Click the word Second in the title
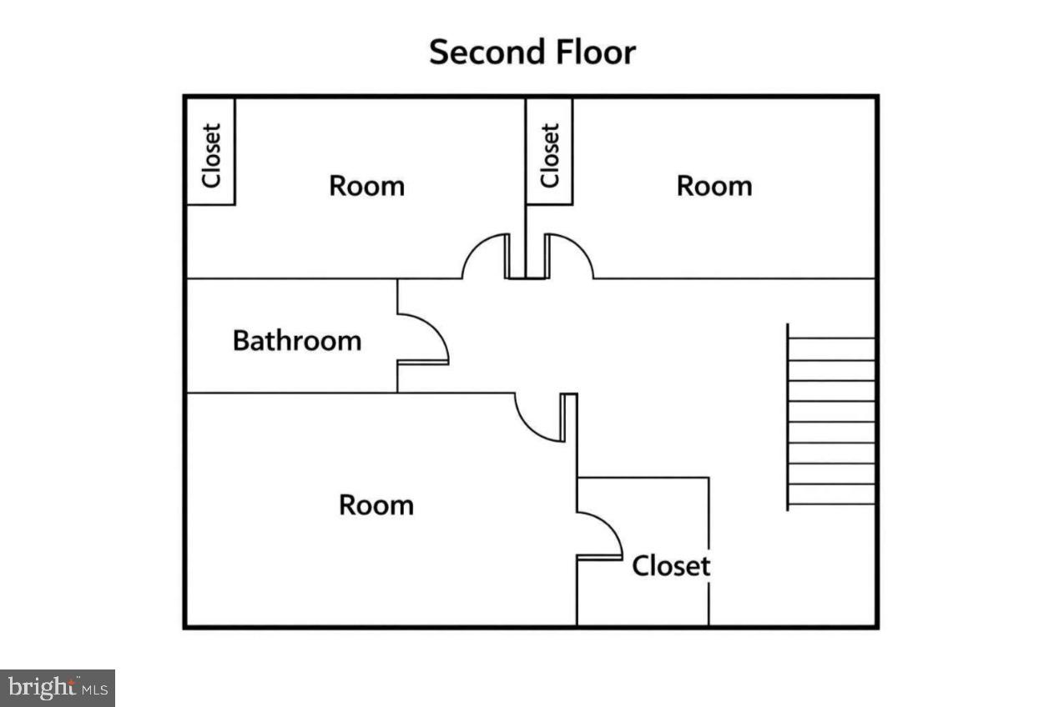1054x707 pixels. tap(477, 52)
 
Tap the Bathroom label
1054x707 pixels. tap(297, 341)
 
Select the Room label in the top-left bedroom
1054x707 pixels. tap(366, 185)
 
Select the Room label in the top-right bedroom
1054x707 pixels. tap(714, 185)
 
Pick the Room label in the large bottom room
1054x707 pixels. tap(376, 505)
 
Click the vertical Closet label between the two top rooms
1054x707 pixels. tap(549, 155)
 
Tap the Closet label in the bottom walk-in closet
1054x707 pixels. tap(671, 566)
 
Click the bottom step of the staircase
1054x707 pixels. tap(831, 494)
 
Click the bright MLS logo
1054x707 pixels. tap(57, 688)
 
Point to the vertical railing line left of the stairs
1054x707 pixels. tap(788, 417)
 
